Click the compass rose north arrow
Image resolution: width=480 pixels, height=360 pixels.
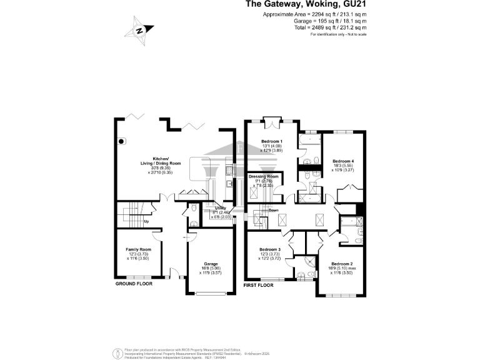pyautogui.click(x=140, y=30)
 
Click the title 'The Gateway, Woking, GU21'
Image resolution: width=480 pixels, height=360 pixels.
pyautogui.click(x=304, y=5)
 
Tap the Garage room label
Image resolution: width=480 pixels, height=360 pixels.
pyautogui.click(x=211, y=264)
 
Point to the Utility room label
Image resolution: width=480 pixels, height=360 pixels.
pyautogui.click(x=221, y=208)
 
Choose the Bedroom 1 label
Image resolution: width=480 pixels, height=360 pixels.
pyautogui.click(x=272, y=141)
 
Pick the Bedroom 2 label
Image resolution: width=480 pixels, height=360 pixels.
pyautogui.click(x=342, y=264)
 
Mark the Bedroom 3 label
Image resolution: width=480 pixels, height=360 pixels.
pyautogui.click(x=270, y=249)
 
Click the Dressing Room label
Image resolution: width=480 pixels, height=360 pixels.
pyautogui.click(x=264, y=177)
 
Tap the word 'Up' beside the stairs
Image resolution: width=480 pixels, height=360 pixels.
pyautogui.click(x=146, y=221)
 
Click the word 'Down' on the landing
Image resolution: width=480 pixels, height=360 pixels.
pyautogui.click(x=273, y=211)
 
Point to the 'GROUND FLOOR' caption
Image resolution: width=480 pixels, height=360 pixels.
pyautogui.click(x=134, y=284)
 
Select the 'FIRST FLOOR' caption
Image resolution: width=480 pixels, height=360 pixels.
pyautogui.click(x=259, y=285)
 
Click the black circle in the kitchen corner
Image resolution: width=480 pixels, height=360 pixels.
pyautogui.click(x=122, y=141)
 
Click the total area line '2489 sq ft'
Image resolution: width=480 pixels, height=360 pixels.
pyautogui.click(x=331, y=27)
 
